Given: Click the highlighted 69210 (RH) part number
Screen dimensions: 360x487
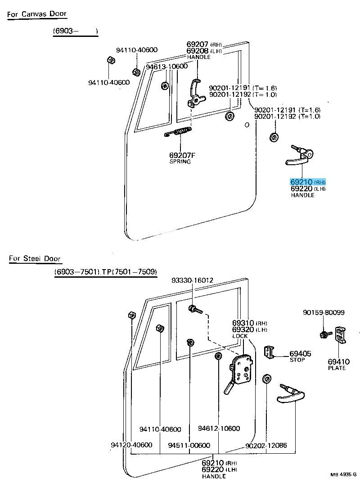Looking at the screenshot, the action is click(308, 182).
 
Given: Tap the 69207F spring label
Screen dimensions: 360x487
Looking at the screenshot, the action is click(182, 158).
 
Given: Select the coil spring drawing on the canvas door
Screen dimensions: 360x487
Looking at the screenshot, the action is click(178, 132).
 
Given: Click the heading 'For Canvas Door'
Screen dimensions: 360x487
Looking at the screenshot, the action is click(36, 14).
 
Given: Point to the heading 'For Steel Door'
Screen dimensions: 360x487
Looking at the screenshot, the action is click(35, 258).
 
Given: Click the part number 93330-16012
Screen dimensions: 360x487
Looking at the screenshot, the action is click(192, 280).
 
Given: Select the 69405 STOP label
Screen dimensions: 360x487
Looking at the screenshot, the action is click(300, 356).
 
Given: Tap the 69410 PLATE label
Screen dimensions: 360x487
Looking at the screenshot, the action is click(338, 364).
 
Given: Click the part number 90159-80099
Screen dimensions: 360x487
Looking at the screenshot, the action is click(324, 312).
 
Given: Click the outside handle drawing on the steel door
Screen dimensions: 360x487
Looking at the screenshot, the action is click(290, 393).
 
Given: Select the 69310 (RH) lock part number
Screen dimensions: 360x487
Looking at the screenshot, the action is click(249, 323).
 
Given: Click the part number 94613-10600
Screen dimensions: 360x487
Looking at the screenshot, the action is click(167, 67).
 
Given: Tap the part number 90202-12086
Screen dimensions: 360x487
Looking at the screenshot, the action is click(266, 446).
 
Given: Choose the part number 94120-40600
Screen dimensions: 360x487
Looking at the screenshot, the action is click(132, 445).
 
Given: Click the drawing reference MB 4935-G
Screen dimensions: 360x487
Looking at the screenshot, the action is click(343, 474).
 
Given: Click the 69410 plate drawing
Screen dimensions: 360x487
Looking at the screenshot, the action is click(340, 335).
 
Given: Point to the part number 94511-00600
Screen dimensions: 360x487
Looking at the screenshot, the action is click(189, 446).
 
